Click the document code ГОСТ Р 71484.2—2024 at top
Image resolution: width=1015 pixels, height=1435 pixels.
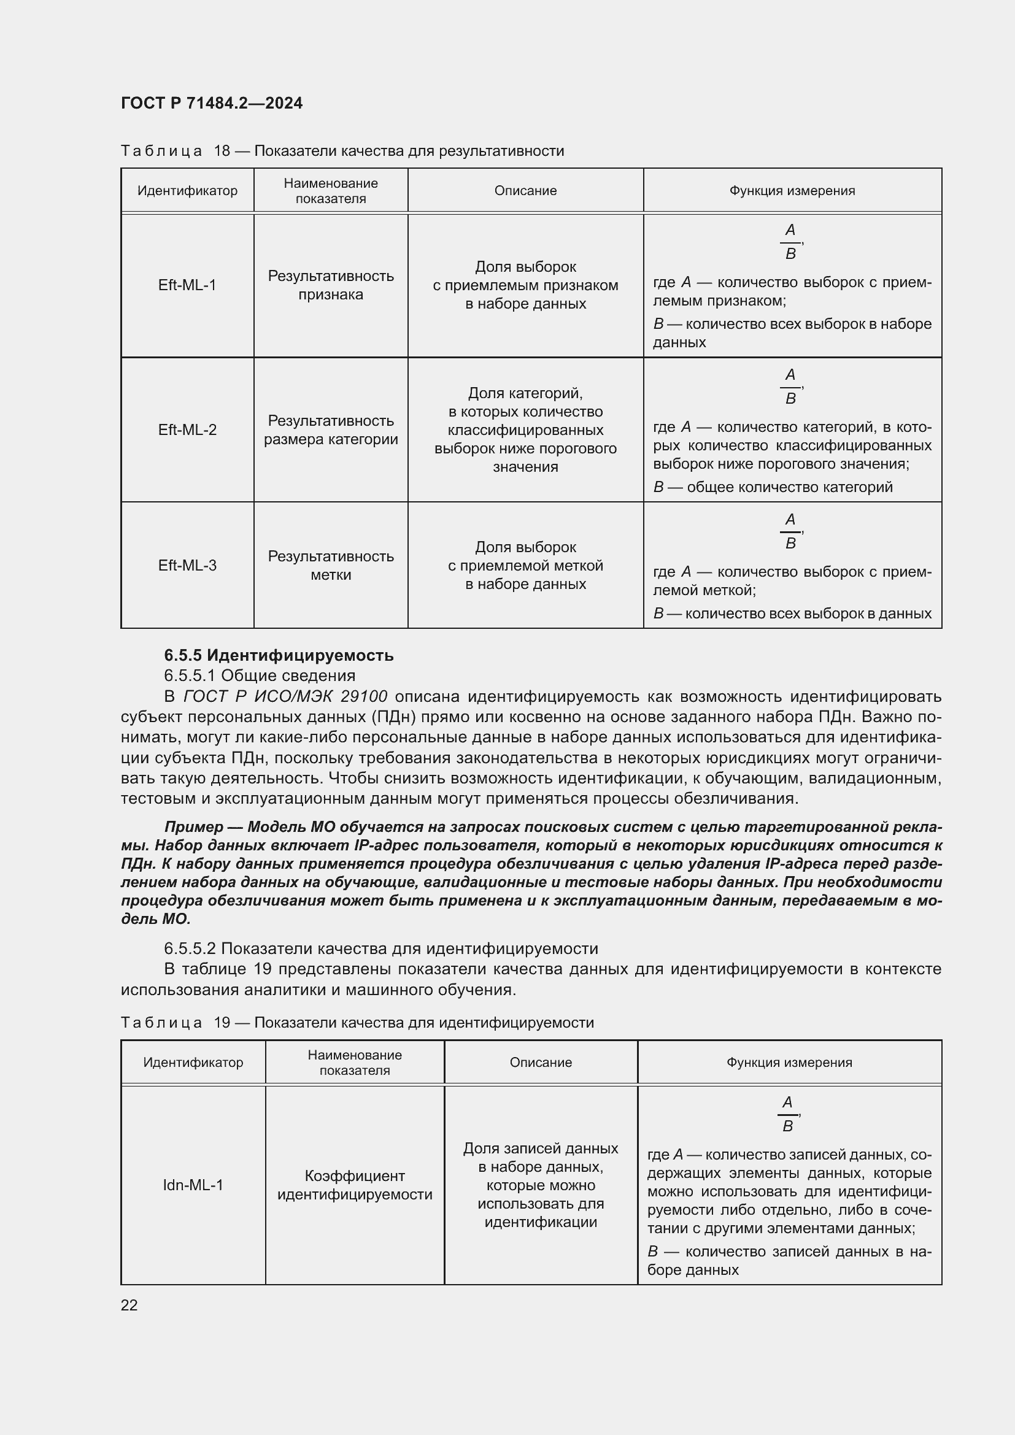211,103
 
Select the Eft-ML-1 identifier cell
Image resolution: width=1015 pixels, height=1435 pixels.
187,285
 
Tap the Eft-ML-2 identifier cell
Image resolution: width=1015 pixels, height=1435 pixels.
187,430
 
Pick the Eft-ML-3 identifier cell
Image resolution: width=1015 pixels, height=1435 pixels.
187,566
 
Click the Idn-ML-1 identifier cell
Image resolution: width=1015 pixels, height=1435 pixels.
193,1185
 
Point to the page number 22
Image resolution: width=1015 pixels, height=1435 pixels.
129,1305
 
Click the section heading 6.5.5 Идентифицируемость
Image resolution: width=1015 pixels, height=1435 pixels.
278,655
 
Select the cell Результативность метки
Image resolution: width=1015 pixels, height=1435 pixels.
331,566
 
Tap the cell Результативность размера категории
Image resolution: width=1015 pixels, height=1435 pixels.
331,430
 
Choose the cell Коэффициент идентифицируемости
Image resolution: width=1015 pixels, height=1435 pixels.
354,1185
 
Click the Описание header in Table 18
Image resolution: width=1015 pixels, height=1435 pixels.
525,191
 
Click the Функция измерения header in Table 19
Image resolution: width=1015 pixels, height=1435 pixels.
789,1063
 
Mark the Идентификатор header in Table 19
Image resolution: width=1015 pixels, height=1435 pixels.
193,1063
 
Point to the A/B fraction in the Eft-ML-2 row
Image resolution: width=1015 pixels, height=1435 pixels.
790,387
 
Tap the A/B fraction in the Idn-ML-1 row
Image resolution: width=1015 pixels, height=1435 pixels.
787,1114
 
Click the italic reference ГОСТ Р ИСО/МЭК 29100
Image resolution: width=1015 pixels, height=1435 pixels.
285,696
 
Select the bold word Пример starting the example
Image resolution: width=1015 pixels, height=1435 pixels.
194,827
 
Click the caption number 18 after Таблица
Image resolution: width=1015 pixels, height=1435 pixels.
222,151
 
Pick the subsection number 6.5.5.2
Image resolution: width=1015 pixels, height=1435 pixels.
190,948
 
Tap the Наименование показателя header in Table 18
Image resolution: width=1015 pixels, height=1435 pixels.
331,191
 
